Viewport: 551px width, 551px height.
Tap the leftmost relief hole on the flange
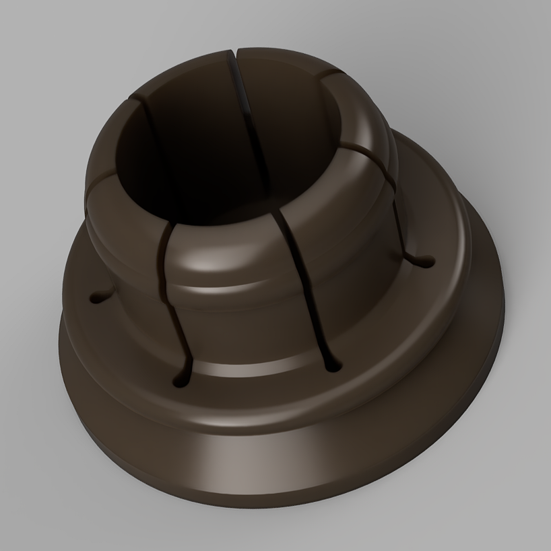(x=95, y=294)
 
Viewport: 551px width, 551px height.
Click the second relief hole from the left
(x=181, y=381)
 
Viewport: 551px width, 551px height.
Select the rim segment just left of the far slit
(x=182, y=71)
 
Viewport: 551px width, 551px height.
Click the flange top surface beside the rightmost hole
(x=448, y=269)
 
